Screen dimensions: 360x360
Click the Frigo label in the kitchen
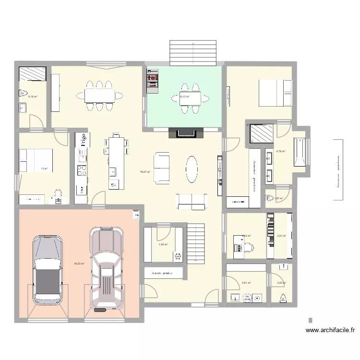point(83,140)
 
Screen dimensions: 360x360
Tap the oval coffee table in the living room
point(192,169)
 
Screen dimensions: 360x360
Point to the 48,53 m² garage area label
point(79,263)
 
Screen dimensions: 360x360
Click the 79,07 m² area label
point(145,171)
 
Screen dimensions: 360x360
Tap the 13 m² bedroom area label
point(44,168)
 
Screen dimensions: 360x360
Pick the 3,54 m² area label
point(281,236)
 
